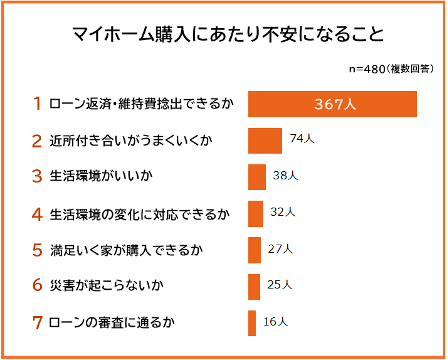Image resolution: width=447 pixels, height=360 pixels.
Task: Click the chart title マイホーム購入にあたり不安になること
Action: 223,34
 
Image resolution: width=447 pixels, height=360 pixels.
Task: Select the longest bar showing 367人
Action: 332,104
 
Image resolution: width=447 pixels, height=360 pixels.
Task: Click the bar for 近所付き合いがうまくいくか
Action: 265,140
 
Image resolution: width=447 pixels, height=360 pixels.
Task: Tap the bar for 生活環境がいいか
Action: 257,177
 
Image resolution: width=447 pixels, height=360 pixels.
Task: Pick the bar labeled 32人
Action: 255,213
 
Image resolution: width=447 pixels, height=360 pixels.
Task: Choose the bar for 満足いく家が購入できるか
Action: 254,250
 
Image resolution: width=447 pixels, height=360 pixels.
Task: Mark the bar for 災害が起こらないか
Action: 254,287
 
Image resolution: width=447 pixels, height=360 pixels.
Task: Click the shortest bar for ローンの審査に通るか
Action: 252,323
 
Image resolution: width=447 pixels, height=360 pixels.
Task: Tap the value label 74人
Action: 302,139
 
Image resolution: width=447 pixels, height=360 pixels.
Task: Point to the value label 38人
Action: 285,176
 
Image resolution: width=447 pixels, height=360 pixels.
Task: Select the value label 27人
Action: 280,249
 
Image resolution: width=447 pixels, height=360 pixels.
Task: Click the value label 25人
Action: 280,285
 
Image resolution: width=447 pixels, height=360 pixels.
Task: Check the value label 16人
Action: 275,322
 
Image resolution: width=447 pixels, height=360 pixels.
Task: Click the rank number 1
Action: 38,104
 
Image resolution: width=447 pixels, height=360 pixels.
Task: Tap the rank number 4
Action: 38,214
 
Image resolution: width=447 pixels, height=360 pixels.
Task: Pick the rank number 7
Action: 38,324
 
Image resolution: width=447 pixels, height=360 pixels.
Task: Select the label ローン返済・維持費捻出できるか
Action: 141,104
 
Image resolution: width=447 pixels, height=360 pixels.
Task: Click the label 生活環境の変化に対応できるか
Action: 140,214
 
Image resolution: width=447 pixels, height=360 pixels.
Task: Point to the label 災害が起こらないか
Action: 107,287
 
